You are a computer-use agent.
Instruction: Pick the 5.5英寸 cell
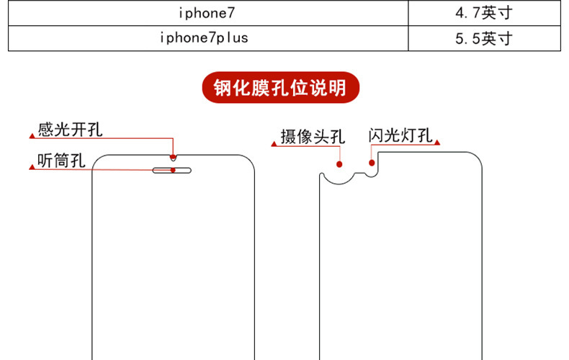(x=483, y=38)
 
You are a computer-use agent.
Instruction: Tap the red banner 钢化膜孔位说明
(x=281, y=89)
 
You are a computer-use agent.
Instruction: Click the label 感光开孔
(x=70, y=130)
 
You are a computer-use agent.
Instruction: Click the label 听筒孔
(x=61, y=161)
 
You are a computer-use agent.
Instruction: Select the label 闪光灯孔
(x=400, y=135)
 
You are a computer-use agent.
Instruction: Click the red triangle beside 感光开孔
(x=31, y=135)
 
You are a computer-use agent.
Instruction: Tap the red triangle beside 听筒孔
(x=31, y=167)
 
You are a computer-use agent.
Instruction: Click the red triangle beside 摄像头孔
(x=274, y=143)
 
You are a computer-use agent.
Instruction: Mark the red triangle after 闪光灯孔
(x=437, y=142)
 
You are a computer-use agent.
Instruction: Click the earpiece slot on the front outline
(x=173, y=171)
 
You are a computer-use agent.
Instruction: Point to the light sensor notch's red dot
(x=173, y=156)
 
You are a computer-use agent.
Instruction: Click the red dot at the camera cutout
(x=339, y=164)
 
